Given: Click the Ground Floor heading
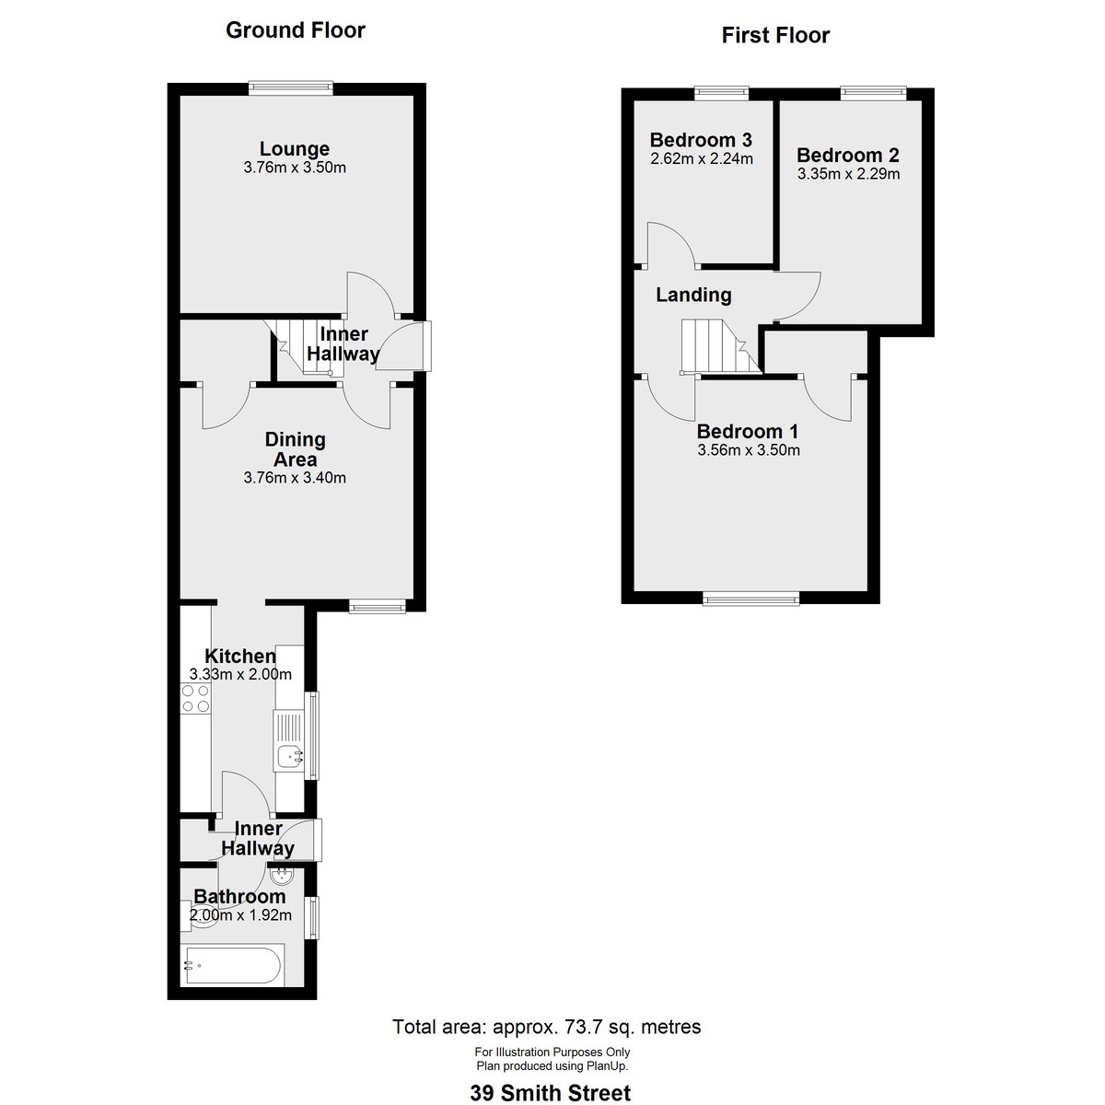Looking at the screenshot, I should pos(296,30).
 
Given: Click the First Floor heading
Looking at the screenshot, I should pos(775,36).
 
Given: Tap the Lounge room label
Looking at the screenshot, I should pos(295,148).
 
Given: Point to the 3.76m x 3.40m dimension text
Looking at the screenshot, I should pos(295,478).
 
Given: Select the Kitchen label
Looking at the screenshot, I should pos(240,656).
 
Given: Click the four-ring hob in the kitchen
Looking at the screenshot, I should pos(195,699).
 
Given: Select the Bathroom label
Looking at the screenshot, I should pos(239,896).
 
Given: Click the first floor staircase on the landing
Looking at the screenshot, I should pos(715,346).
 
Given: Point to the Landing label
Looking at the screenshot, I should pos(693,295).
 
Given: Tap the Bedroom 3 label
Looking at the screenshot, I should pos(701,140).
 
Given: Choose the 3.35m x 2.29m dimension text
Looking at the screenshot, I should pos(848,173).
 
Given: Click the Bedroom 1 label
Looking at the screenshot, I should pos(748,431).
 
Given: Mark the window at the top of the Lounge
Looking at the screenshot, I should pos(290,87).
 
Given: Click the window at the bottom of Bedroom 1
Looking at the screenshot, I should pos(750,599).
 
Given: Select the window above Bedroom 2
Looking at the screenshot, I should pos(873,92).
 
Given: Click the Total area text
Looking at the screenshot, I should pos(547,1027).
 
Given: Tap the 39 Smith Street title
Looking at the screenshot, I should pos(551,1093).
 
